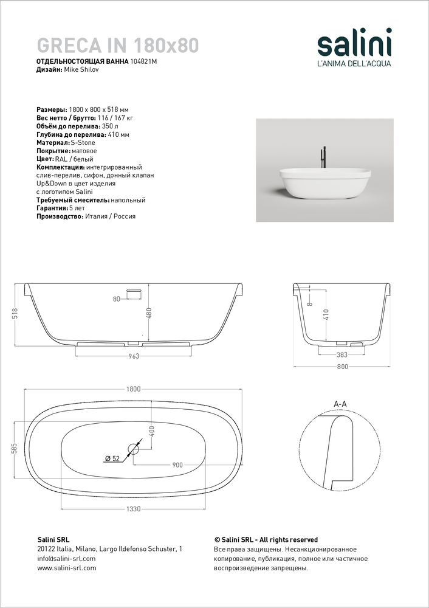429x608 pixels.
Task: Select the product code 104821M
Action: (144, 62)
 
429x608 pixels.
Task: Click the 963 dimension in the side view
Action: (134, 356)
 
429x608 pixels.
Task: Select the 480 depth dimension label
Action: (148, 313)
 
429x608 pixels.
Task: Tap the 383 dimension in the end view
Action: (341, 355)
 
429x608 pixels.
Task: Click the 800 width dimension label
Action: (342, 367)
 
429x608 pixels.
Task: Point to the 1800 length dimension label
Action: (134, 389)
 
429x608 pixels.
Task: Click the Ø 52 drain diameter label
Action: (112, 458)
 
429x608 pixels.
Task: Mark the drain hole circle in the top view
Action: (134, 451)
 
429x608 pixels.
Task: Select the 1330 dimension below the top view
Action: (134, 510)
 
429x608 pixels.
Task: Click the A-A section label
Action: (341, 404)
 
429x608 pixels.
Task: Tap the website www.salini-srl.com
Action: (67, 568)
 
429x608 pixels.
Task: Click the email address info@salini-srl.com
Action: (66, 558)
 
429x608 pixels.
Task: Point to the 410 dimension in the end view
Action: (326, 314)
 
